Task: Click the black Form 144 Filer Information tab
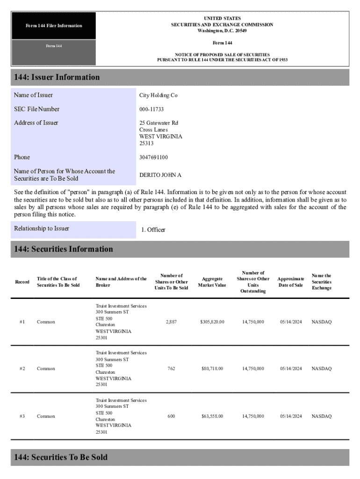54,26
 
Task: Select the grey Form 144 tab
54,46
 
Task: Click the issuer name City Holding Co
158,95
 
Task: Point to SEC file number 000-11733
151,109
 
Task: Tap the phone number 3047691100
153,158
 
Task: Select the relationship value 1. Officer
153,230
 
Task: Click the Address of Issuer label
36,123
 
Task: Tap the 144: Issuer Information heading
57,77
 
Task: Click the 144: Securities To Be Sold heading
60,457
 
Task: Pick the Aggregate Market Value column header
212,282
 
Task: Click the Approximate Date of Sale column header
290,282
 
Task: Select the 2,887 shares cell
171,322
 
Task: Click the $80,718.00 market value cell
212,369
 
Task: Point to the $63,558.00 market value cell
212,416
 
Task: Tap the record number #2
22,369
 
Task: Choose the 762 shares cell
171,369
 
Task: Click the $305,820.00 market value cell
212,322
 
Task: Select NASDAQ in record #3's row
322,416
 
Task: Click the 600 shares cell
171,416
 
